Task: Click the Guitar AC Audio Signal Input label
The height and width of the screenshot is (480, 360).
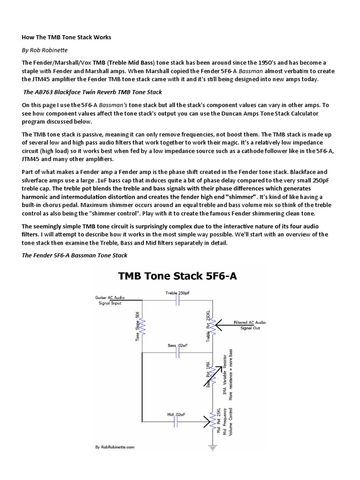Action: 108,300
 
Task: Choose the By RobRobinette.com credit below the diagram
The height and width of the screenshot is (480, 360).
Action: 115,447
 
